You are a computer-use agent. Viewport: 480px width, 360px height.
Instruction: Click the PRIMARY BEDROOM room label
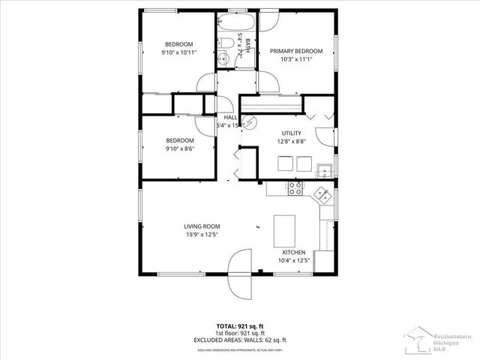(x=296, y=51)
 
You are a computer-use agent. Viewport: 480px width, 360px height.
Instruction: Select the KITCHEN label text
(x=294, y=252)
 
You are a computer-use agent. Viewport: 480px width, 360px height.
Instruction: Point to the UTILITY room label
(x=291, y=133)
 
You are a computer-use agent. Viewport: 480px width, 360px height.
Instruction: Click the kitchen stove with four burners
(x=295, y=188)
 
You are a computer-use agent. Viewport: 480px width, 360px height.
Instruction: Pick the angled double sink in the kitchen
(x=323, y=194)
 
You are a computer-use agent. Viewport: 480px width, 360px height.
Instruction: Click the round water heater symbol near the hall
(x=253, y=121)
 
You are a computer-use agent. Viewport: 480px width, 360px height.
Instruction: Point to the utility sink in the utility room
(x=324, y=169)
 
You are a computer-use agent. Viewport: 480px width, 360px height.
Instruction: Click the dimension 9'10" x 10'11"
(x=178, y=52)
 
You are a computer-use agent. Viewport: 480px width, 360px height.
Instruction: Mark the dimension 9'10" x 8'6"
(x=179, y=148)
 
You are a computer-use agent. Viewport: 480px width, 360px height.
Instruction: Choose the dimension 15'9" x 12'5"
(x=202, y=235)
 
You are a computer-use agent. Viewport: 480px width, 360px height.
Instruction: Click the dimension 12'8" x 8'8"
(x=291, y=141)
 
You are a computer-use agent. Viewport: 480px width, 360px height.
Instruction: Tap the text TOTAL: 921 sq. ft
(x=239, y=326)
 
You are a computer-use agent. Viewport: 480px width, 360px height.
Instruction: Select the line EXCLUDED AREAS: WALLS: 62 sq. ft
(x=239, y=340)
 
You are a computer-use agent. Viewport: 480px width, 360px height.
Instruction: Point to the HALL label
(x=230, y=118)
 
